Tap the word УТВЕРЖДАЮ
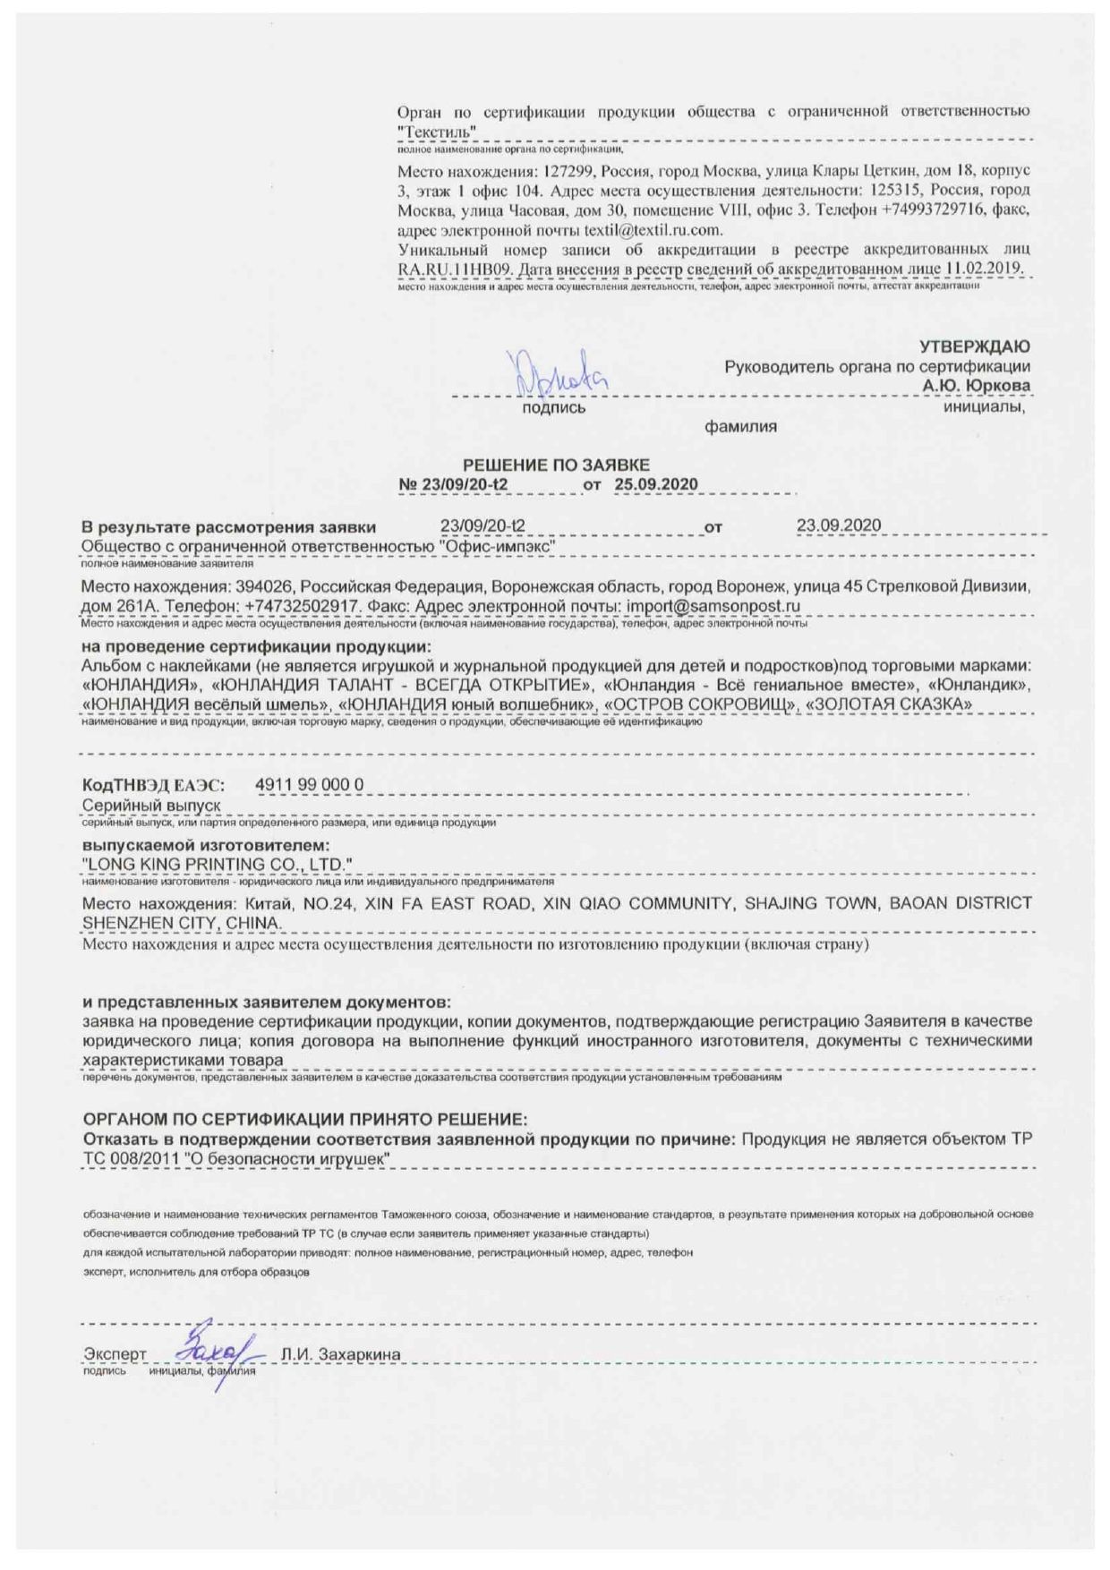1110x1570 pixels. (974, 346)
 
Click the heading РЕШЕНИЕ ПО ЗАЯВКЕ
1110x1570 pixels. (556, 465)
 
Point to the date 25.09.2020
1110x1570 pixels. (656, 484)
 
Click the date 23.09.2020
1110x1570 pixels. (839, 525)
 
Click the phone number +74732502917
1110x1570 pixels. (303, 606)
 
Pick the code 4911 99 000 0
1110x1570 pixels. (310, 785)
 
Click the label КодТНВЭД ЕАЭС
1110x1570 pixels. (154, 786)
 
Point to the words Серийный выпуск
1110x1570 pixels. (151, 806)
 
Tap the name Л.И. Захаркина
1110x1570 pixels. (340, 1354)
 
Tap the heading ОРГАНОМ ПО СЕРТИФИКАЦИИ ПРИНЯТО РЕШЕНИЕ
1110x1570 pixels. (305, 1120)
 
